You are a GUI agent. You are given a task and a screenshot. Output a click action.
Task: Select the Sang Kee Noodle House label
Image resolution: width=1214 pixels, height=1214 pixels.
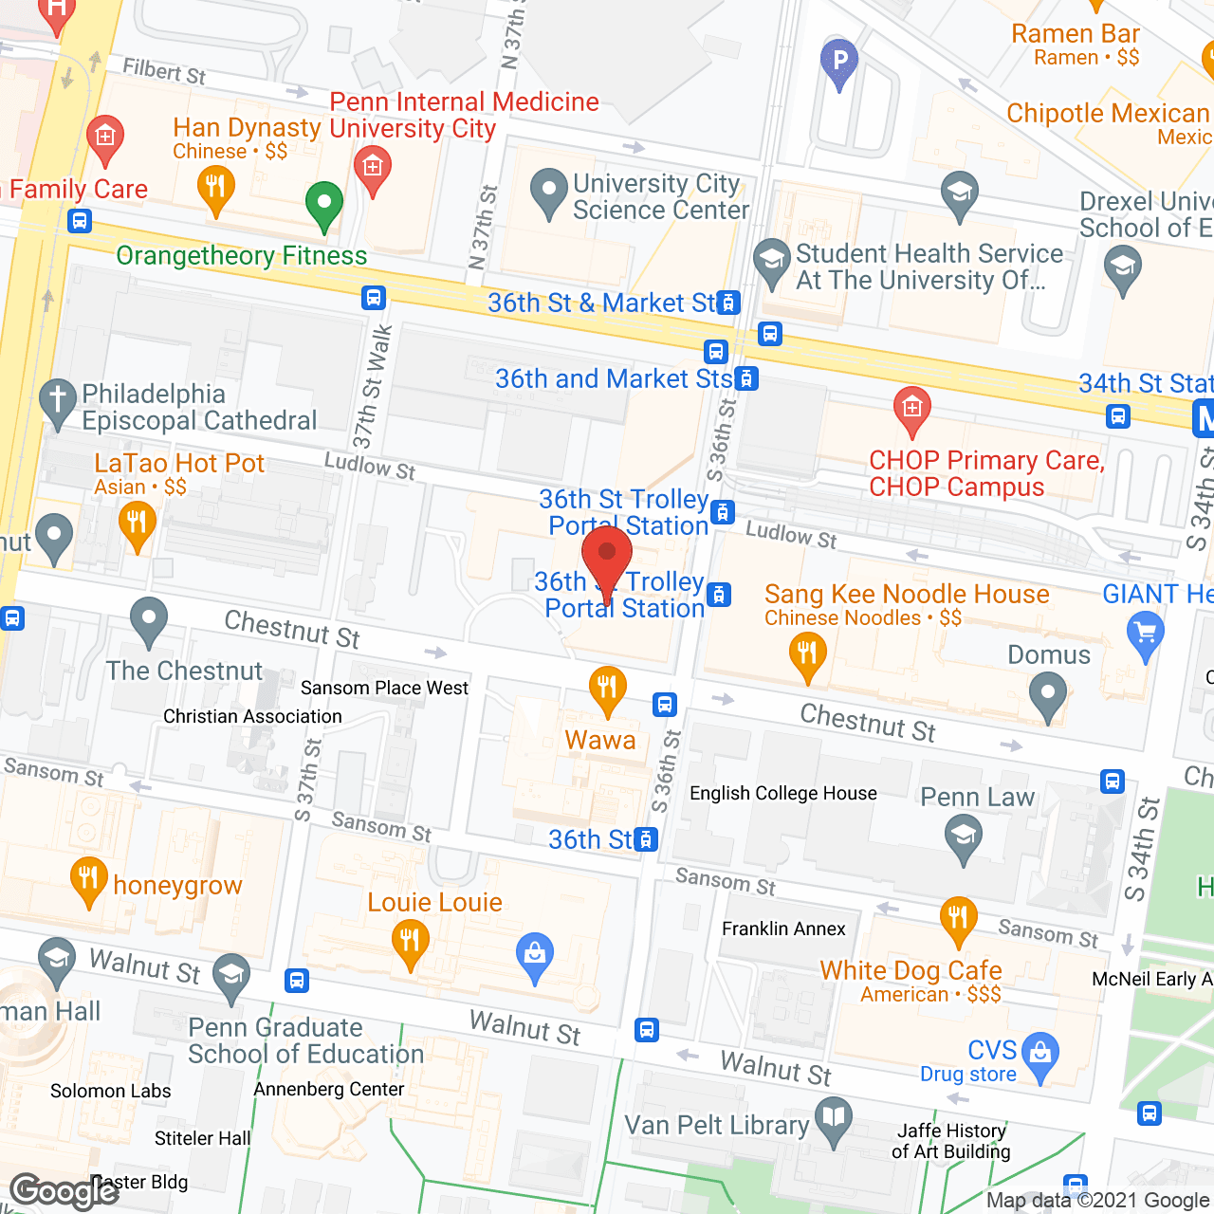[x=907, y=595]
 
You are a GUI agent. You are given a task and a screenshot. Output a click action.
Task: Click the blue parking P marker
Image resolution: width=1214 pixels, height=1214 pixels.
[x=838, y=62]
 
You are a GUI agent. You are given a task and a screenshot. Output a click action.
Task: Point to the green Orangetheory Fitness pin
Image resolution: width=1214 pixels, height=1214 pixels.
[x=324, y=203]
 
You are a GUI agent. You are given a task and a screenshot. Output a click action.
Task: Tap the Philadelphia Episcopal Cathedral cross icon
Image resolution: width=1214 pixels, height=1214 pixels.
[x=58, y=401]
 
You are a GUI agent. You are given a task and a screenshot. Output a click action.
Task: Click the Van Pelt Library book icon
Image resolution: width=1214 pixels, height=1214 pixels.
[x=835, y=1118]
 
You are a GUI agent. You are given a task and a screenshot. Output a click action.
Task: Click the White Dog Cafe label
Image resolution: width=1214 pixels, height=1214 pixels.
[x=910, y=970]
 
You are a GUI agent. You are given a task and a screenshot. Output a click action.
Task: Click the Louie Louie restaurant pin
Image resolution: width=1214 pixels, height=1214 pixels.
[x=410, y=942]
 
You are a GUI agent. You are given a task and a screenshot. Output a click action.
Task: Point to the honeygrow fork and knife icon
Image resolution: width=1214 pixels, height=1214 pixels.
[x=88, y=879]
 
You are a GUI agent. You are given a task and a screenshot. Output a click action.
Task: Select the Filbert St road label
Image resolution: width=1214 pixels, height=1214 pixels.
[x=163, y=71]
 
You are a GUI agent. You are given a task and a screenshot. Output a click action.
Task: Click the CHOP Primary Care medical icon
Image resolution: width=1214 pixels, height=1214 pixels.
[x=911, y=409]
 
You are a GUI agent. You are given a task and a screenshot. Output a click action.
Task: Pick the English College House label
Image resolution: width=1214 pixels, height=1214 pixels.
[x=782, y=793]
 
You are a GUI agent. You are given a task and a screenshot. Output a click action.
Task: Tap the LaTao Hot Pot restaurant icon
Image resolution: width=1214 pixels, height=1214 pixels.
[x=138, y=524]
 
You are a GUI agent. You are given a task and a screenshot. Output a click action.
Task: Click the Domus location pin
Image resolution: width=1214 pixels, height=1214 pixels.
[x=1048, y=693]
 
